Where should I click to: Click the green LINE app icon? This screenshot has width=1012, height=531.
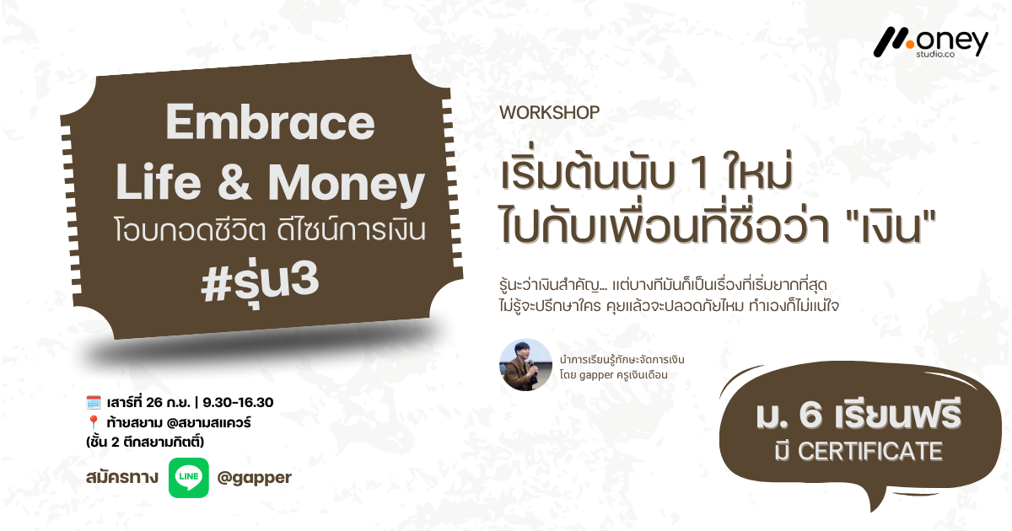tap(188, 478)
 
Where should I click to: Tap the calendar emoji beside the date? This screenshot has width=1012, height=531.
tap(94, 402)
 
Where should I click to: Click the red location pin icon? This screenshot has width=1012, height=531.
tap(94, 422)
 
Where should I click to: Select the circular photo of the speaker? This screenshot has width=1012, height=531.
tap(525, 365)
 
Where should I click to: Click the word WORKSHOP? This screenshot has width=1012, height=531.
tap(549, 112)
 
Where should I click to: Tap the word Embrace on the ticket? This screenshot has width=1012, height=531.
tap(270, 122)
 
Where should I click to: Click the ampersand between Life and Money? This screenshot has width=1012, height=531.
tap(234, 181)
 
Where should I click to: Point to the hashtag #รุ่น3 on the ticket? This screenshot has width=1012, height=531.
tap(260, 282)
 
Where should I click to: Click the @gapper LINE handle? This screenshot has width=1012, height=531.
tap(255, 478)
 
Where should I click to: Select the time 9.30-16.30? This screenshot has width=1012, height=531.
tap(238, 402)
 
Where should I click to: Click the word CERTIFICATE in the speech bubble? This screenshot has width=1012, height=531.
tap(870, 451)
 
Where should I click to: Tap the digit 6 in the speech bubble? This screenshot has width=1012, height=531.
tap(810, 415)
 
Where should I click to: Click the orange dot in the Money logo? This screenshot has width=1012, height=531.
tap(909, 44)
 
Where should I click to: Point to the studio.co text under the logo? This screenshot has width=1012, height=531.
tap(935, 54)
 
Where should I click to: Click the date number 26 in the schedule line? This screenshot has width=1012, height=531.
tap(154, 402)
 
